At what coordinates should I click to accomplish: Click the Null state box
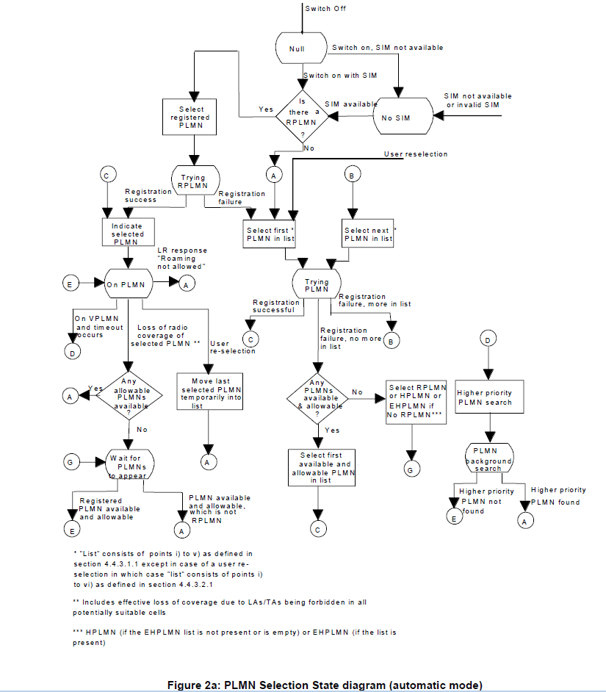click(x=301, y=48)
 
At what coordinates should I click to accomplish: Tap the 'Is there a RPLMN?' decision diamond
click(x=302, y=115)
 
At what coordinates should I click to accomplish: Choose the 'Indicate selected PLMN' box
click(x=127, y=230)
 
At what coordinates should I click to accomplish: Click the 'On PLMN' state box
click(x=127, y=284)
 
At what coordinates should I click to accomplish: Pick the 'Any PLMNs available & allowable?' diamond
click(x=317, y=397)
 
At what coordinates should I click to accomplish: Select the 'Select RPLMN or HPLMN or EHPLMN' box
click(x=416, y=401)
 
